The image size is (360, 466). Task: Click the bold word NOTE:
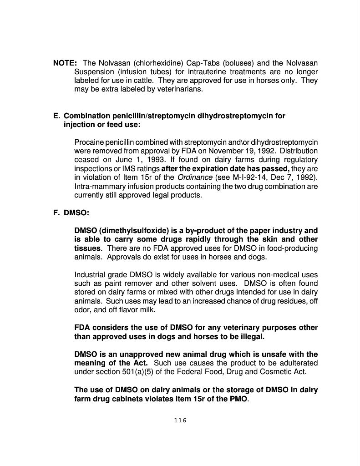point(65,63)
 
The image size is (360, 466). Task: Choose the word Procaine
point(89,142)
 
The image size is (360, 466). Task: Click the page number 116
point(180,420)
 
